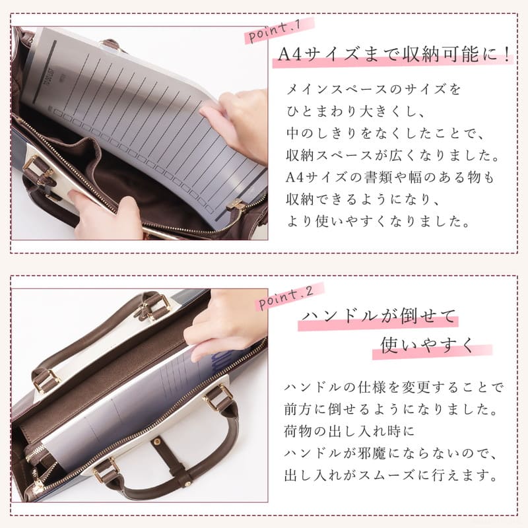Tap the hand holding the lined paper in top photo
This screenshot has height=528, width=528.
pyautogui.click(x=238, y=119)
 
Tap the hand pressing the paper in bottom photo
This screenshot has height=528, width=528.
pyautogui.click(x=224, y=323)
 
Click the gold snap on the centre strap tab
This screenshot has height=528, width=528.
pyautogui.click(x=160, y=441)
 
